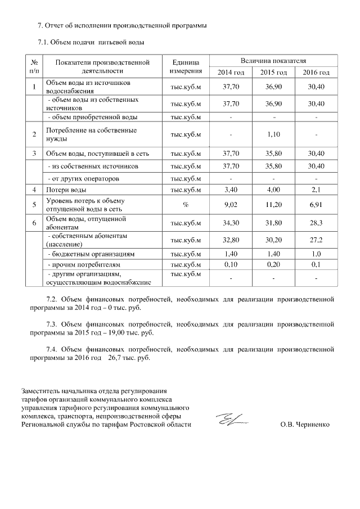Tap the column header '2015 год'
pyautogui.click(x=273, y=73)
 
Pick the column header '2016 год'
pyautogui.click(x=316, y=73)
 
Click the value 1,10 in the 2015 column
pyautogui.click(x=273, y=135)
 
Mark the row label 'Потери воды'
pyautogui.click(x=66, y=190)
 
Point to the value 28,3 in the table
pyautogui.click(x=316, y=223)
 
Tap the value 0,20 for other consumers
pyautogui.click(x=273, y=264)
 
